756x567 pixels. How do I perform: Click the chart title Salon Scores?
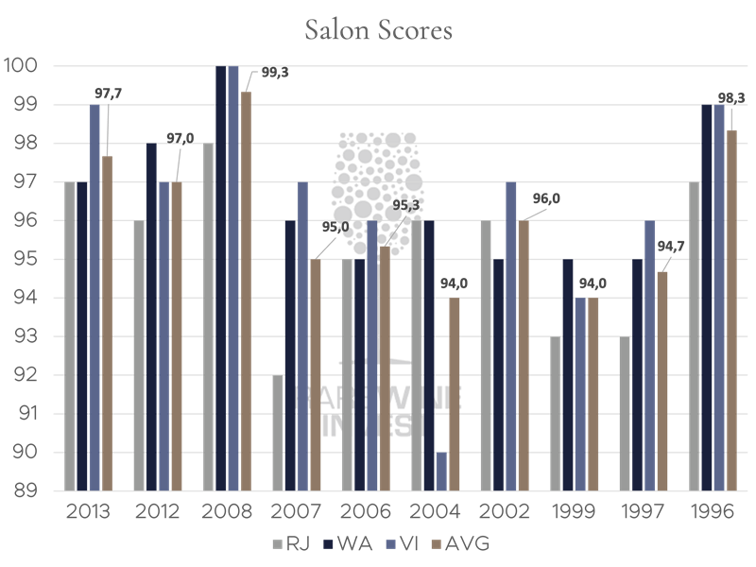(378, 30)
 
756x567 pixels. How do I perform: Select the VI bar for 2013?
(94, 298)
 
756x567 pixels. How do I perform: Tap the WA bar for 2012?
(151, 317)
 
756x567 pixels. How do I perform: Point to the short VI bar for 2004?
(441, 472)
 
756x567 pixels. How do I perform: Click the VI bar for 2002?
(510, 336)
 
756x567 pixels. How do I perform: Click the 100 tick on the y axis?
(23, 66)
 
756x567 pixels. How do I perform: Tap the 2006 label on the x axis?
(366, 513)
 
